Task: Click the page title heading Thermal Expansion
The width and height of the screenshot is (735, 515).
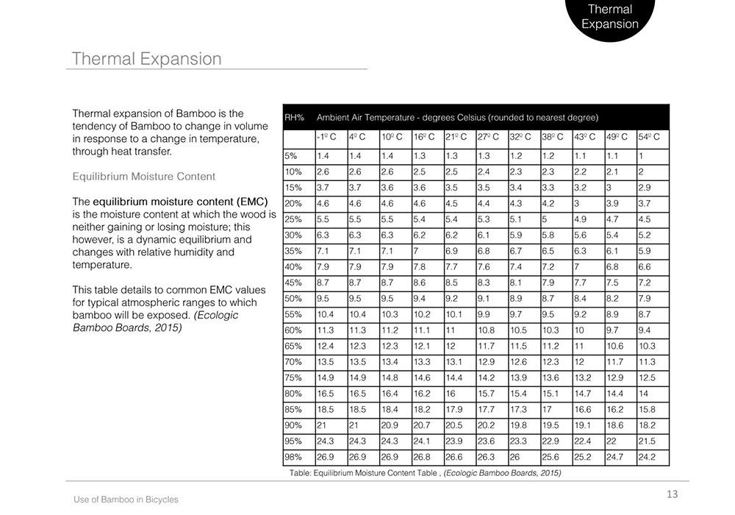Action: (x=146, y=59)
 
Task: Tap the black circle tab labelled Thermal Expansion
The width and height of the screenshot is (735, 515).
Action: (x=609, y=17)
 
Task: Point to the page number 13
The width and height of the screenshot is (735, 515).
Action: (x=672, y=494)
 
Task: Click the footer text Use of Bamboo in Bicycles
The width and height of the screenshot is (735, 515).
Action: (x=126, y=500)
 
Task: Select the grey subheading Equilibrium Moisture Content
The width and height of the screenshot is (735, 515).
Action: (x=144, y=177)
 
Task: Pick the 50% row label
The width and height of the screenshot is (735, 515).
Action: (x=293, y=299)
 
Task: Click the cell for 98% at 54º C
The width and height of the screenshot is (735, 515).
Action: (x=647, y=457)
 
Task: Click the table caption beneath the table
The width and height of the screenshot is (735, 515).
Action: (x=425, y=474)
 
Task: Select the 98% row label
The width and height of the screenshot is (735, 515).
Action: (x=293, y=457)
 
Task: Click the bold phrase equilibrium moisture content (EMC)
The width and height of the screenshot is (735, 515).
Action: (x=180, y=201)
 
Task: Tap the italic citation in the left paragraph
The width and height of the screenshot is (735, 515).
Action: (x=155, y=321)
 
